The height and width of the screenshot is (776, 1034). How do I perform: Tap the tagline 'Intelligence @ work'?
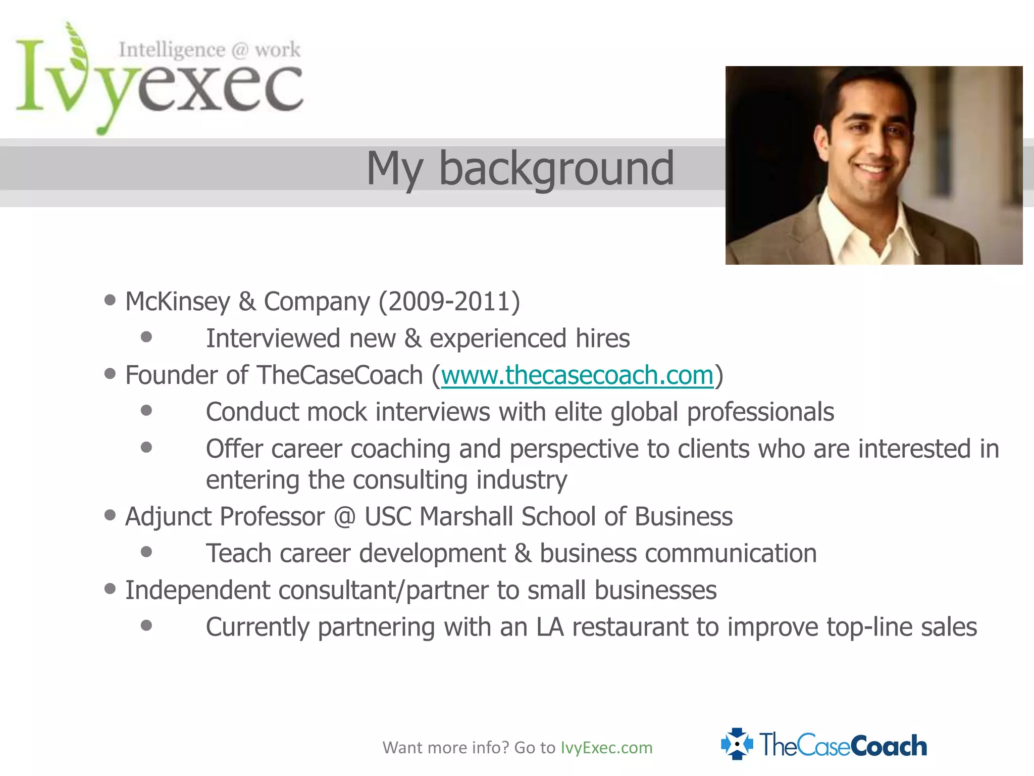(x=210, y=50)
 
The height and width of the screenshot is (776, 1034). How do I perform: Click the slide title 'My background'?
(x=520, y=168)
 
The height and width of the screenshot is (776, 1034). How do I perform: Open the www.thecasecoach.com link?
(x=577, y=375)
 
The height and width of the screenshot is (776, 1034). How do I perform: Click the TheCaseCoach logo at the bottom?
(x=824, y=745)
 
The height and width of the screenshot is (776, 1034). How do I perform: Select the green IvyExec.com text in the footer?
(x=606, y=748)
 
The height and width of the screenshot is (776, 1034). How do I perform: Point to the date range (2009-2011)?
(x=449, y=302)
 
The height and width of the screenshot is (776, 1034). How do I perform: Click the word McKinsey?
(x=177, y=302)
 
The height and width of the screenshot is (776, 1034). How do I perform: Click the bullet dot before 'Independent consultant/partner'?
(x=110, y=589)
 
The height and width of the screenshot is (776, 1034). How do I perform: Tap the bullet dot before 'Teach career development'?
(x=146, y=552)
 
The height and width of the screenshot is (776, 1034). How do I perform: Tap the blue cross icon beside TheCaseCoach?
(x=737, y=744)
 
